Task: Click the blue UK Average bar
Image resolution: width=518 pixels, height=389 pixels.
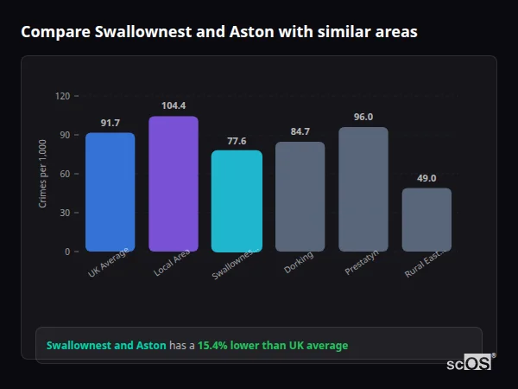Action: point(110,192)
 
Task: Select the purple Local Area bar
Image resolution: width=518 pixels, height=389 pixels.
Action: point(174,183)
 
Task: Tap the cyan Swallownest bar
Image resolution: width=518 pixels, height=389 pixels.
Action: point(237,201)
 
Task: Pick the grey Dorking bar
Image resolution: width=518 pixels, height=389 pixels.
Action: point(300,196)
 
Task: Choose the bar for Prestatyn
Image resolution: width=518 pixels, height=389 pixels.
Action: point(363,189)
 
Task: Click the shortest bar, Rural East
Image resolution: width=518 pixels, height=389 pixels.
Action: point(426,220)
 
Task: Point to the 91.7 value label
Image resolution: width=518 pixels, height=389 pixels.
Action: point(110,123)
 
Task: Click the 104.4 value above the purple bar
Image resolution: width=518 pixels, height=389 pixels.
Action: point(174,106)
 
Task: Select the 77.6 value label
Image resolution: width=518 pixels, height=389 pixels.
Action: point(237,141)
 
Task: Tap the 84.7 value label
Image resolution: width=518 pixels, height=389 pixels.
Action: point(300,131)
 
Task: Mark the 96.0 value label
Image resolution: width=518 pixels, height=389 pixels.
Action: point(363,117)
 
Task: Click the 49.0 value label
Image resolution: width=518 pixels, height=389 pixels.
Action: point(426,178)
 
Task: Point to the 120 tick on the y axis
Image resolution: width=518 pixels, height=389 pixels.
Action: point(62,96)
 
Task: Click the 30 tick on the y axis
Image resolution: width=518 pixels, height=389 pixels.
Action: point(65,213)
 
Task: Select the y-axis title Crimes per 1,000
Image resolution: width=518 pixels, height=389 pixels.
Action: point(43,174)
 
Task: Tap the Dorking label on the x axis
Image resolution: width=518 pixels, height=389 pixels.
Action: point(299,263)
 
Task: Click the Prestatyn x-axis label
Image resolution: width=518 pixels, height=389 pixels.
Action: point(360,265)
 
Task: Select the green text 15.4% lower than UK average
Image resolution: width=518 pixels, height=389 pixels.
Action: point(273,345)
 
